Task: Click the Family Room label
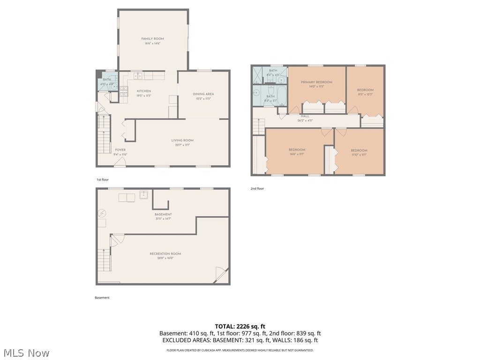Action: coord(152,39)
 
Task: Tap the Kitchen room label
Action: coord(143,91)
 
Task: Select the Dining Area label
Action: coord(203,94)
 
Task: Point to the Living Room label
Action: coord(182,140)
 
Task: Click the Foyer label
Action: coord(120,150)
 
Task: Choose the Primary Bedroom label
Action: coord(316,82)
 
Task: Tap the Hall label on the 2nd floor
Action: coord(305,116)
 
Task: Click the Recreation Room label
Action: coord(165,254)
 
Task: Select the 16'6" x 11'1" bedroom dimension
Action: coord(297,154)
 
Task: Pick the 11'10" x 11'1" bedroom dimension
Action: coord(359,155)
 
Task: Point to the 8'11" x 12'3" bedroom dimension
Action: coord(365,94)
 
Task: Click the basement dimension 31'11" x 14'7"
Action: coord(163,218)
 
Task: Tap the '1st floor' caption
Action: coord(103,180)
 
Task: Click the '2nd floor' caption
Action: coord(257,188)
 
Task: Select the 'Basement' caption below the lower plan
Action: coord(102,298)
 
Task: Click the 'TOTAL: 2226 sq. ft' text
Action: coord(240,326)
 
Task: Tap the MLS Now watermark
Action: coord(26,352)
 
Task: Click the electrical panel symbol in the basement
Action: coord(102,213)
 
